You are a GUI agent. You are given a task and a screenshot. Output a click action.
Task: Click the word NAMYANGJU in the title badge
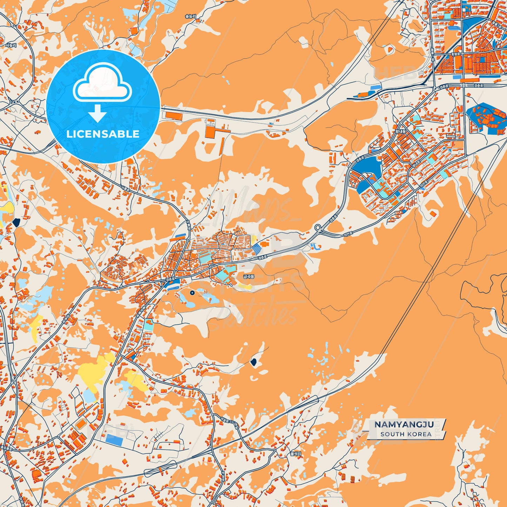[404, 425]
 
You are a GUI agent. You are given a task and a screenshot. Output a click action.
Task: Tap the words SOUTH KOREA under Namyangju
[406, 434]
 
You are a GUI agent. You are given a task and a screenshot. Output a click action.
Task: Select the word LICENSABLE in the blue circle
[103, 134]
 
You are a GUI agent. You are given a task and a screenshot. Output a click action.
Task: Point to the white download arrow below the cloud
[98, 113]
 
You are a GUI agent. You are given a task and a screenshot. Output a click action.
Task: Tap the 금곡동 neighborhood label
[248, 276]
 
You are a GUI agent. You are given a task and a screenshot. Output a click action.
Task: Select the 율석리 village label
[296, 454]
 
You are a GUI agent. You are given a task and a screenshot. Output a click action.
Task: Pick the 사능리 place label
[11, 45]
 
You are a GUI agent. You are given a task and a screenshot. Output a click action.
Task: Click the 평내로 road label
[416, 164]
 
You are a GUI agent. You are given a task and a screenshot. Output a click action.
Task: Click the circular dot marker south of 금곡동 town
[192, 292]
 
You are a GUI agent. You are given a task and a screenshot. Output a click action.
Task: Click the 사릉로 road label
[125, 188]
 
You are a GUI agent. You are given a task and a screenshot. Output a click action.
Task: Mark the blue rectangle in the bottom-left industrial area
[114, 439]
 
